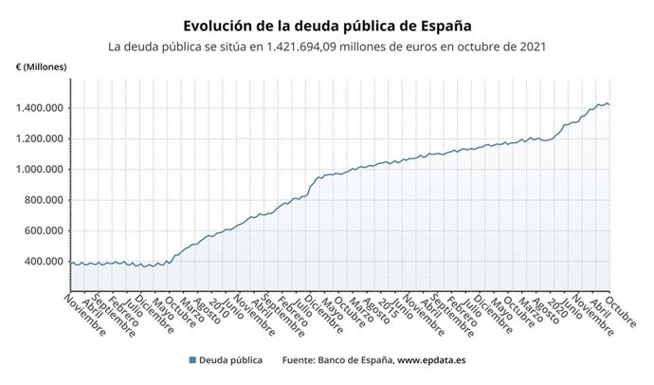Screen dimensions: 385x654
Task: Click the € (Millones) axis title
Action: click(x=40, y=66)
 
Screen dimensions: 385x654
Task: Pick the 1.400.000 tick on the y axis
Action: click(x=40, y=108)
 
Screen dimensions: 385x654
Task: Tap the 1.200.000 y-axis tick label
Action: click(x=40, y=139)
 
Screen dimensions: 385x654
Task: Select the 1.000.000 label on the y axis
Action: click(x=40, y=170)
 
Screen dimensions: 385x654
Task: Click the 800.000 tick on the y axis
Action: click(x=44, y=200)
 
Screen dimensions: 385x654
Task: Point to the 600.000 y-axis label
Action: click(x=44, y=230)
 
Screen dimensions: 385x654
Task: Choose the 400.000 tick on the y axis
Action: click(x=44, y=262)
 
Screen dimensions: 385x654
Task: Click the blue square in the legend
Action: click(x=192, y=360)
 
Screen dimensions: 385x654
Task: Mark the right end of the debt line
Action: click(x=609, y=104)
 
